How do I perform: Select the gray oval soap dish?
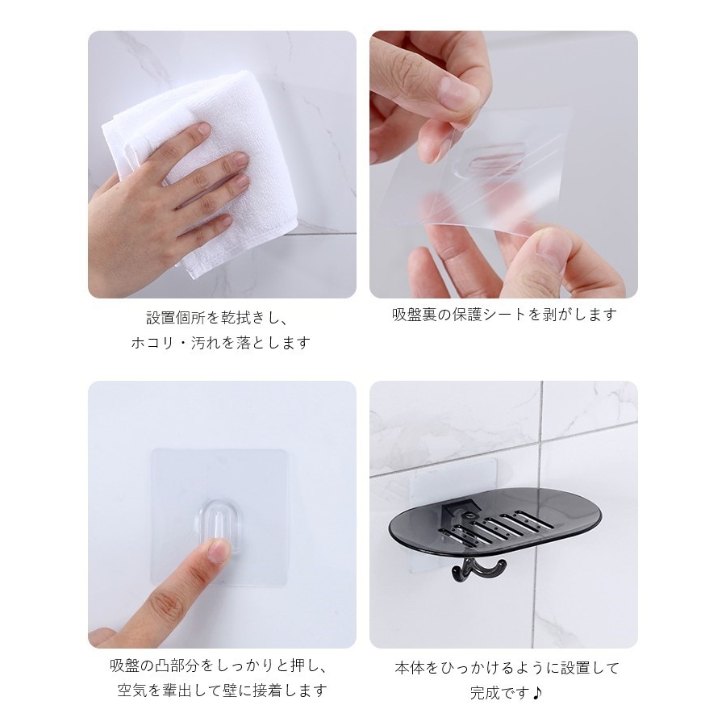[x=495, y=528]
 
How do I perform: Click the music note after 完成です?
[x=536, y=693]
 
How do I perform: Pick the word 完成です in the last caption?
[x=499, y=693]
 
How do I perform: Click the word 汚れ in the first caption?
[x=206, y=343]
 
